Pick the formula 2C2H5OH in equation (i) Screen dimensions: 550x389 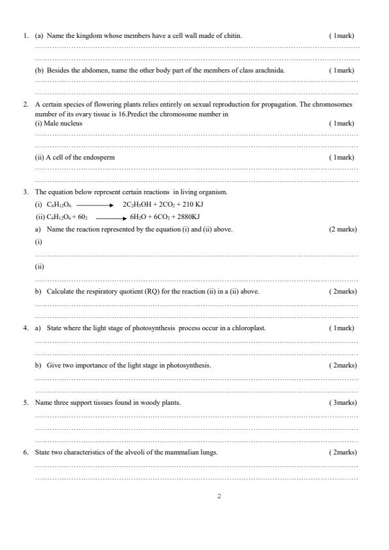click(135, 205)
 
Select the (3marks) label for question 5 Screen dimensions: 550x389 click(343, 402)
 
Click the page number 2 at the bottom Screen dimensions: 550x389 click(219, 496)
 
